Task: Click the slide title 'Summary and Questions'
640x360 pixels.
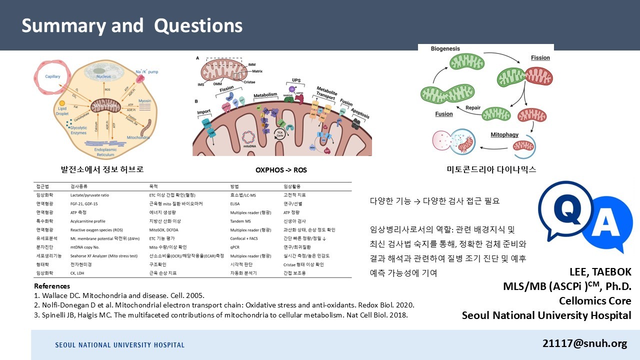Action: (x=132, y=26)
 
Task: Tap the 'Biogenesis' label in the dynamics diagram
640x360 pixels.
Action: (x=445, y=49)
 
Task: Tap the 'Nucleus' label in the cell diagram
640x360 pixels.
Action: (x=103, y=76)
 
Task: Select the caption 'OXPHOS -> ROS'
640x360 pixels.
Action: (x=281, y=170)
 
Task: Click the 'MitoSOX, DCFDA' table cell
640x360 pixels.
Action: (x=163, y=230)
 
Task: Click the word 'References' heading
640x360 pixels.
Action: (x=52, y=286)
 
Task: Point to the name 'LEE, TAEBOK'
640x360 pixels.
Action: (x=600, y=272)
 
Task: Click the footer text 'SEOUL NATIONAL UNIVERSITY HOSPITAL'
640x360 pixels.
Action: (x=119, y=345)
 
